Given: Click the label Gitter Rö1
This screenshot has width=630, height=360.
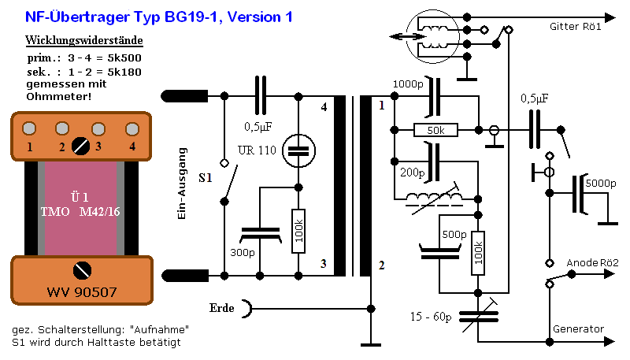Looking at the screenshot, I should (576, 27).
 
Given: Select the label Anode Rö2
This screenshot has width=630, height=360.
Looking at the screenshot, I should (592, 262).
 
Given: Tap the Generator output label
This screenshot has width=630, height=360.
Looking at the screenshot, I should (577, 328).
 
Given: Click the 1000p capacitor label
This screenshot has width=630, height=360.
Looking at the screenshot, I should (407, 84).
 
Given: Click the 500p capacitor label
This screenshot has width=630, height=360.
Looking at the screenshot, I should (454, 234).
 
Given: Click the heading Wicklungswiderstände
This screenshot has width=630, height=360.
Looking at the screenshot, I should (84, 40).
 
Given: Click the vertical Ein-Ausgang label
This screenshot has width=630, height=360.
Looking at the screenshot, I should (182, 184).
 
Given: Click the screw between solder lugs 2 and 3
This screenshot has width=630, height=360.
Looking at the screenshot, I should (80, 144).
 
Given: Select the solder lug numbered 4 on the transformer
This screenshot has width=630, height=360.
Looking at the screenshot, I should (132, 128).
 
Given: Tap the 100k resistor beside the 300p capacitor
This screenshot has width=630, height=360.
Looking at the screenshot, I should (298, 232).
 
